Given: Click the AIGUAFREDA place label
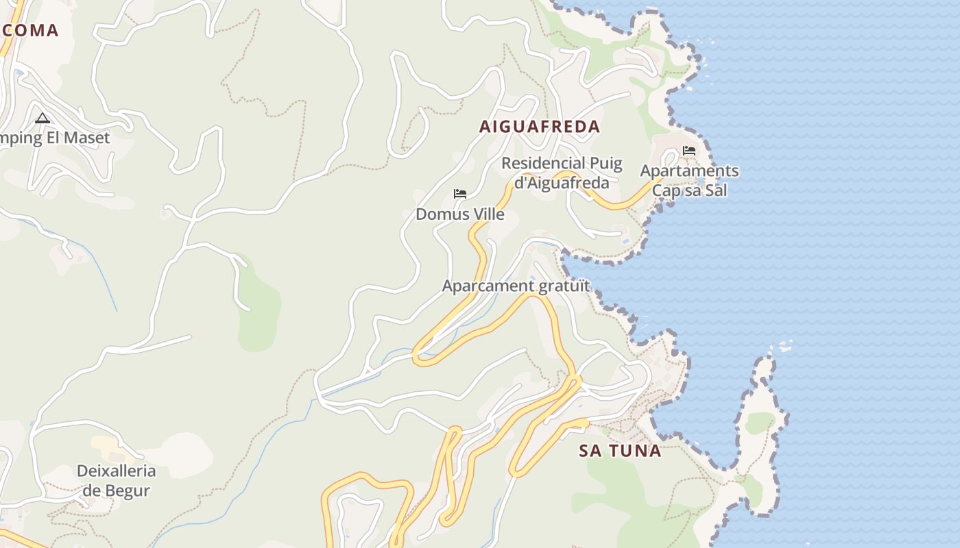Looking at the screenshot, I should tap(540, 127).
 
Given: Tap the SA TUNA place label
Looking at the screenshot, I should tap(620, 451).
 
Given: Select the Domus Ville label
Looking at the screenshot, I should tap(460, 214).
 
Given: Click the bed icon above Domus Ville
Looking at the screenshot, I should tap(460, 194).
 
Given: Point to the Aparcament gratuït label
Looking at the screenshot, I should tap(516, 286).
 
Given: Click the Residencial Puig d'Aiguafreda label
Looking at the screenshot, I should tap(562, 173).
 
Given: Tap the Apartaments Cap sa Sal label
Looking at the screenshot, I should tap(689, 180).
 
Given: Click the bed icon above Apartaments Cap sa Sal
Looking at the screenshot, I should tap(689, 151).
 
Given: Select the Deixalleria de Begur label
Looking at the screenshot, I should tap(116, 481).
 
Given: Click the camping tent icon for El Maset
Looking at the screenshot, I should tap(43, 118).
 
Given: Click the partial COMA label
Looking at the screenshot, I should tap(29, 30).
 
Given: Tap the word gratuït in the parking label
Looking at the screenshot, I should tap(564, 286).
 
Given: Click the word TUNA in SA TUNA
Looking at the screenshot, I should tap(636, 451).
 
